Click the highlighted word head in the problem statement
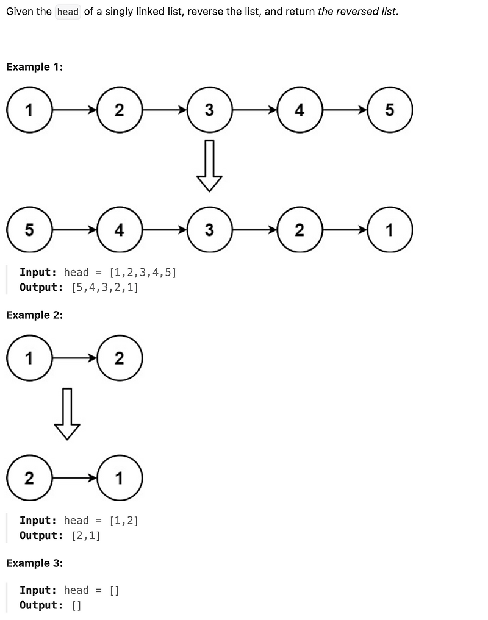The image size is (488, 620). click(x=68, y=12)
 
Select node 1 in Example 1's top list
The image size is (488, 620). click(x=29, y=110)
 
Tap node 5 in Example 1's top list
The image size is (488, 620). click(x=390, y=110)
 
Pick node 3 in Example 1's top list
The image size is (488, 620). click(x=209, y=110)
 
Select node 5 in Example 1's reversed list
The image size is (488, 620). click(x=29, y=230)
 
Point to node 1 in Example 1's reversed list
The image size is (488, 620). click(x=390, y=230)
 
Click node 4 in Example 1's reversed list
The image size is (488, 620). click(x=119, y=230)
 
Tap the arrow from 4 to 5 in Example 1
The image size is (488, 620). click(x=345, y=110)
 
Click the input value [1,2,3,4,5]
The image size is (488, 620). click(x=143, y=272)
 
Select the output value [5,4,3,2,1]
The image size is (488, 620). click(x=105, y=287)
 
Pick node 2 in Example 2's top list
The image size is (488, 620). click(x=119, y=358)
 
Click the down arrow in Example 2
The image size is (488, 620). click(x=67, y=414)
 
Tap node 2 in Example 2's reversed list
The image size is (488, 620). click(x=29, y=478)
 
